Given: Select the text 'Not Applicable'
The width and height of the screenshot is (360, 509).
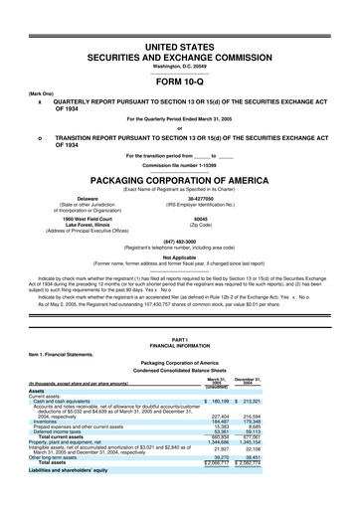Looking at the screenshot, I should click(x=180, y=256).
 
